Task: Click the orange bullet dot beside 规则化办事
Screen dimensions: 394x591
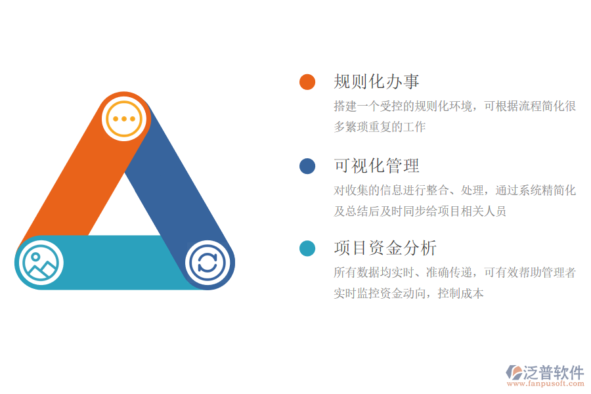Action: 307,81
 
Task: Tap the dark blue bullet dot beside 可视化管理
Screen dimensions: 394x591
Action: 307,165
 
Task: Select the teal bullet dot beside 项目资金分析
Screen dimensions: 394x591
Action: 307,248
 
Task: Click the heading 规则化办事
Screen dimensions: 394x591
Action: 376,81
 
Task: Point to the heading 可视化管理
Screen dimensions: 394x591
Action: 376,165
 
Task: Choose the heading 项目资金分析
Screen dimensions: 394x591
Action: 385,248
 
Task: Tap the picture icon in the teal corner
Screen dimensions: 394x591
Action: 41,263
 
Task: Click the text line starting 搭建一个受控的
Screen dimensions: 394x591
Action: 454,106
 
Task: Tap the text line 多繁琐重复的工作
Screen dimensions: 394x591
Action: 380,127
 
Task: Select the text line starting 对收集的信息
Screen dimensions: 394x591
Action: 454,190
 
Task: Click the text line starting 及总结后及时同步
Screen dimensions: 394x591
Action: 420,211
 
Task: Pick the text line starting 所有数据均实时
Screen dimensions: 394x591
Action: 454,273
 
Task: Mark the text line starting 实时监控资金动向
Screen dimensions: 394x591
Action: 408,294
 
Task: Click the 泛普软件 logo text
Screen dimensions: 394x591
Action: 554,372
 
